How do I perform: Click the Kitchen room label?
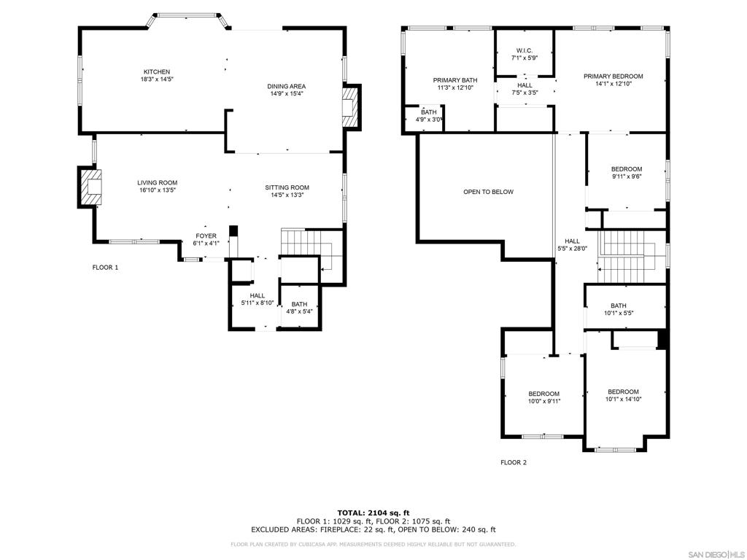pyautogui.click(x=157, y=72)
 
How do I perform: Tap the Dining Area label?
pyautogui.click(x=286, y=86)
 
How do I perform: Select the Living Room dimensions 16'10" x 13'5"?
pyautogui.click(x=158, y=190)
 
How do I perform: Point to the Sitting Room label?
pyautogui.click(x=287, y=187)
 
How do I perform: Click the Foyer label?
pyautogui.click(x=206, y=236)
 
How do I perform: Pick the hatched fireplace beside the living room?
pyautogui.click(x=90, y=187)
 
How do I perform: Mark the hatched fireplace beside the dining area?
pyautogui.click(x=349, y=106)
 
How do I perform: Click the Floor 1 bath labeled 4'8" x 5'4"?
pyautogui.click(x=299, y=308)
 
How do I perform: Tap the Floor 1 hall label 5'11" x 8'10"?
pyautogui.click(x=258, y=299)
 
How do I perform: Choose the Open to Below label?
pyautogui.click(x=488, y=192)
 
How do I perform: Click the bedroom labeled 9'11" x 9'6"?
pyautogui.click(x=627, y=172)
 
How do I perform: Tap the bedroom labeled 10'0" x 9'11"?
pyautogui.click(x=543, y=397)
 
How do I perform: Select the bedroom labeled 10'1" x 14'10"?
pyautogui.click(x=623, y=395)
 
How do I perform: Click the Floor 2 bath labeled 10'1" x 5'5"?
pyautogui.click(x=619, y=309)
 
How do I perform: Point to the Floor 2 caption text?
pyautogui.click(x=514, y=462)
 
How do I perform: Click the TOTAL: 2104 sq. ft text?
pyautogui.click(x=373, y=513)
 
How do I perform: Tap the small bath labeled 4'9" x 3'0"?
pyautogui.click(x=429, y=116)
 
